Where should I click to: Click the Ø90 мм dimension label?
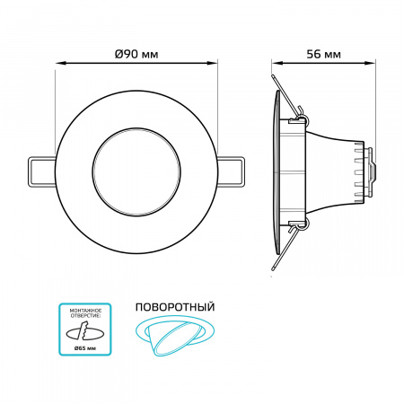coord(136,54)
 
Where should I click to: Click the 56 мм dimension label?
coord(322,54)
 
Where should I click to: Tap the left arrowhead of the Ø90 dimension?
coord(59,63)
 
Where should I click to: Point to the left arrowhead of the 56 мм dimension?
coord(276,63)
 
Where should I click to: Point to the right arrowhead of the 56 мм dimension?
coord(370,63)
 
